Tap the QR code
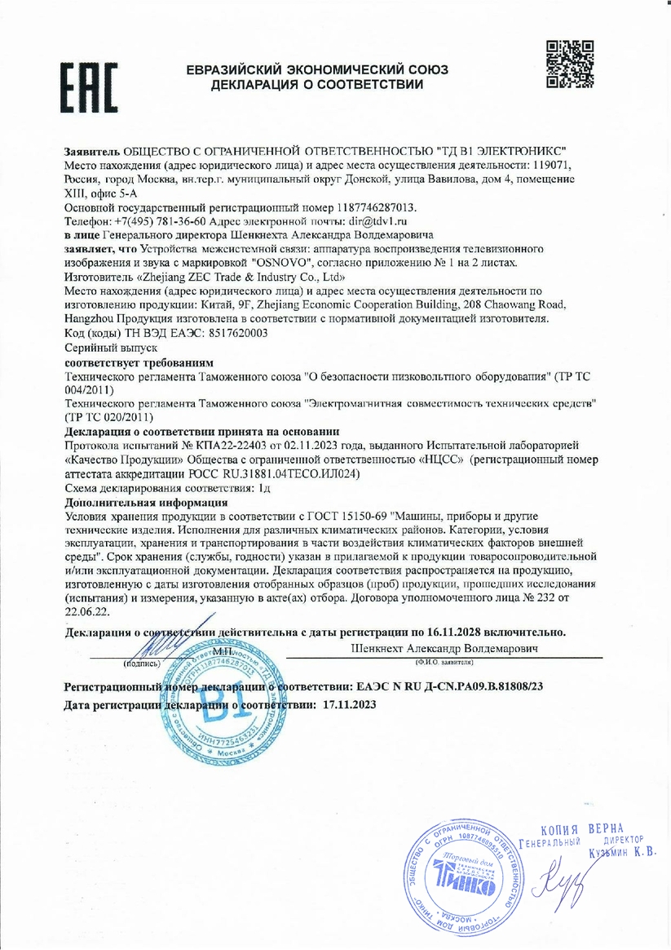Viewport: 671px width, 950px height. pyautogui.click(x=570, y=64)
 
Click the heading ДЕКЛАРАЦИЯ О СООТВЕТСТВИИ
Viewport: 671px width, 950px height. pyautogui.click(x=317, y=84)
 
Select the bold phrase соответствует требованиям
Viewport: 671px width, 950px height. pyautogui.click(x=139, y=361)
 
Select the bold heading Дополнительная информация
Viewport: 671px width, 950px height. pyautogui.click(x=146, y=503)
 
